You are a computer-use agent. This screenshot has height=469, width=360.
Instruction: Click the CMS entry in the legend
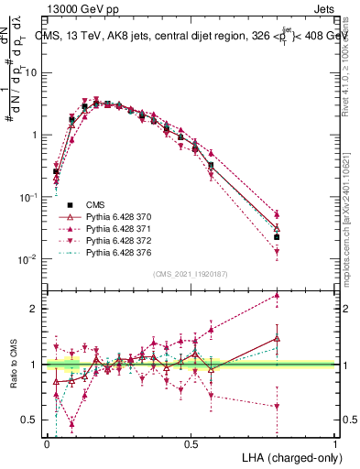[95, 204]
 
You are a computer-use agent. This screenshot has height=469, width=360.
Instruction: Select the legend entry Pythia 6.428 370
[115, 215]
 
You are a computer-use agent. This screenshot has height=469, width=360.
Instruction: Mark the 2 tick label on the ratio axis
[34, 309]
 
